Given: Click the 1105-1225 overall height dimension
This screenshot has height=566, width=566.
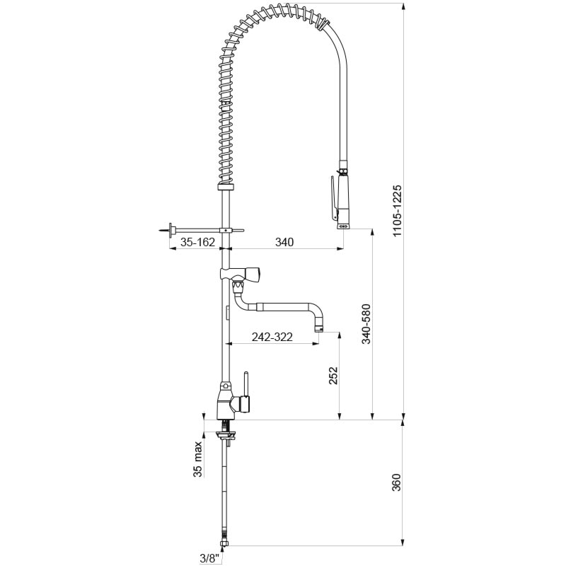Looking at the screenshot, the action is tap(397, 211).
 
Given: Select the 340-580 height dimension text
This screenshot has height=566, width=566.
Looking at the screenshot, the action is tap(366, 325).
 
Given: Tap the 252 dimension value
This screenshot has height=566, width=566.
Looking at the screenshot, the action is tap(333, 376).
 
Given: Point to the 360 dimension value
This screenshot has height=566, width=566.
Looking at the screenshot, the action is tap(396, 483).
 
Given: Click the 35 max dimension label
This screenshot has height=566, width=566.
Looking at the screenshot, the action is tap(197, 459).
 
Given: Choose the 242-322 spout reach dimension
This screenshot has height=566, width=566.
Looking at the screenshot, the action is tap(272, 337).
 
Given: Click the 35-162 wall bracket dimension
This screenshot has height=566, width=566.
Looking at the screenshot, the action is tap(197, 242).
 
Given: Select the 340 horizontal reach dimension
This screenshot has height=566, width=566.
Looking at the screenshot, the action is tap(284, 242).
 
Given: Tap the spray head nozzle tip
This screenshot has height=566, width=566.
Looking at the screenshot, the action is tap(343, 226).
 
